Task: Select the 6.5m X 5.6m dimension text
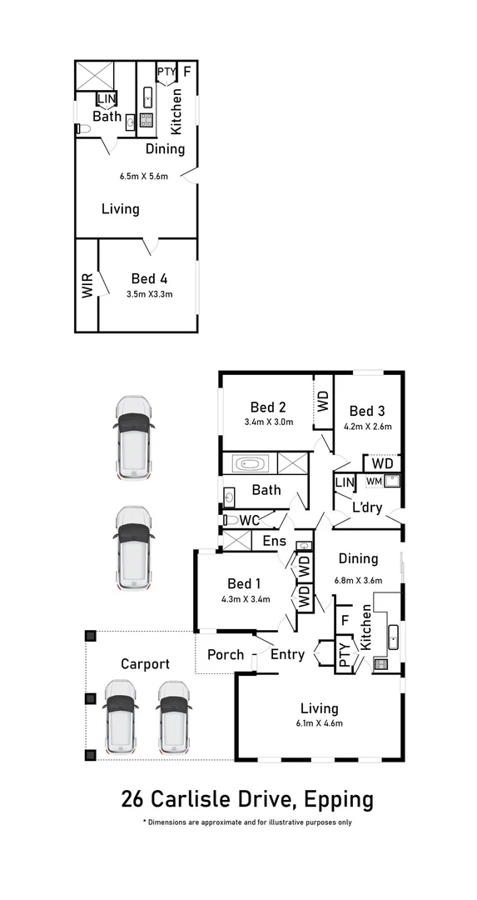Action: click(144, 177)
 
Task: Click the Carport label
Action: click(145, 664)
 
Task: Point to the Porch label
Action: click(226, 655)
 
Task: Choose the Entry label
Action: click(287, 655)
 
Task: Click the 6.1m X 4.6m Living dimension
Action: click(320, 723)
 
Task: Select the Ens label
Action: click(274, 542)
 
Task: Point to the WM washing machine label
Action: click(374, 481)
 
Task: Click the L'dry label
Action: click(367, 507)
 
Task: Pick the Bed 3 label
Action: click(367, 411)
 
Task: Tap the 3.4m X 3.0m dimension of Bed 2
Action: click(268, 422)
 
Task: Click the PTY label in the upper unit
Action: click(166, 72)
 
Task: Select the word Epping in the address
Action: click(339, 800)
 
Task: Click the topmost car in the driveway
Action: click(133, 437)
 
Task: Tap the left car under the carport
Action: click(121, 714)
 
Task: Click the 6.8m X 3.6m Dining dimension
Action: click(357, 580)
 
